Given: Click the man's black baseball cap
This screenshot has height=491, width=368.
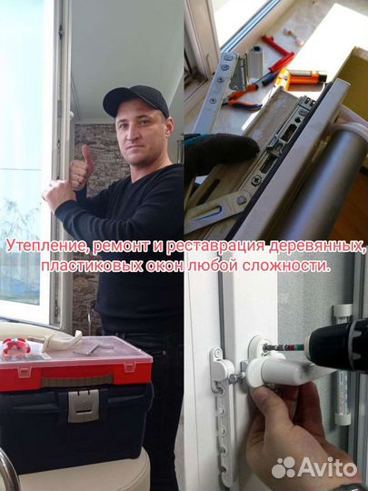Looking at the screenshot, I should tap(135, 98).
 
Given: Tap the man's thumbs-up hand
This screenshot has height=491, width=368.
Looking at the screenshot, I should tap(81, 169).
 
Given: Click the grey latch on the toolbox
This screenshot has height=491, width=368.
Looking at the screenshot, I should tap(83, 405).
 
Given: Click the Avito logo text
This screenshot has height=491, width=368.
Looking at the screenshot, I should tap(327, 467).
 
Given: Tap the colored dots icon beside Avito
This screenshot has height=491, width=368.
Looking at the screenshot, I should tap(284, 467).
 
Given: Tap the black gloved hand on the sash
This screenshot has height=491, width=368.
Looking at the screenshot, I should tap(219, 150).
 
